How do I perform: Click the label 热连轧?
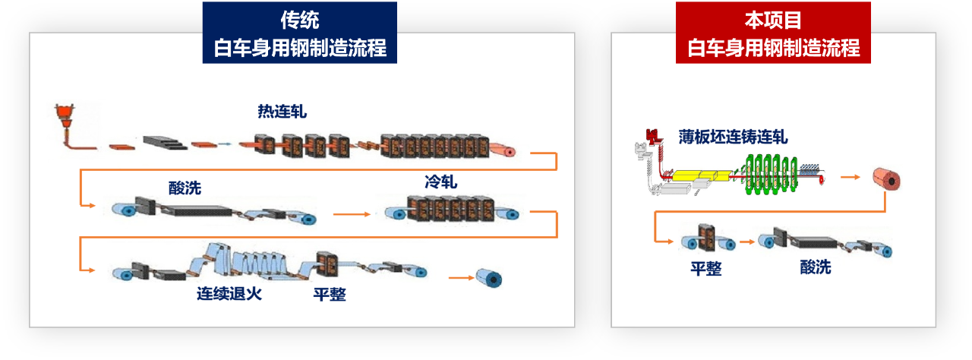coord(282,112)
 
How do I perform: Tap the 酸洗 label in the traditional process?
coord(185,188)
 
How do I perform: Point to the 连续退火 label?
coord(229,294)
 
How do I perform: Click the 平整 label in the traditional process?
coord(330,295)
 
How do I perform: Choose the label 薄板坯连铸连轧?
coord(733,137)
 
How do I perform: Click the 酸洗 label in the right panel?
coord(816,268)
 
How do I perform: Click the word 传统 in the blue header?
coord(299,21)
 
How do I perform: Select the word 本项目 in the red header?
coord(773,21)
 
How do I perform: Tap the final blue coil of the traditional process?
coord(488,278)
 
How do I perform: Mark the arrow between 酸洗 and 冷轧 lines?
coord(352,215)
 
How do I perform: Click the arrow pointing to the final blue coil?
coord(460,278)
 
